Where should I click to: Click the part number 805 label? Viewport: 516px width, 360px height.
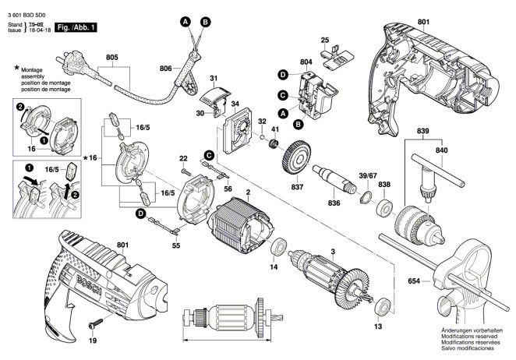click(x=112, y=57)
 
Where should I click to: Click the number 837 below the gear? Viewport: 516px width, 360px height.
click(x=298, y=187)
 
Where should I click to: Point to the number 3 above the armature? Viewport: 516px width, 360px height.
click(x=332, y=251)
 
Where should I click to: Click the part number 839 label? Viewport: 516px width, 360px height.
click(x=422, y=129)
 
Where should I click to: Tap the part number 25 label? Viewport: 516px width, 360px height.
click(x=326, y=39)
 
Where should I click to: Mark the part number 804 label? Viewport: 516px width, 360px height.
click(x=306, y=61)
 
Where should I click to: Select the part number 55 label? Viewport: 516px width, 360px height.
click(x=175, y=246)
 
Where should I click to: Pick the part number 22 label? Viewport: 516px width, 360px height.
click(x=184, y=158)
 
